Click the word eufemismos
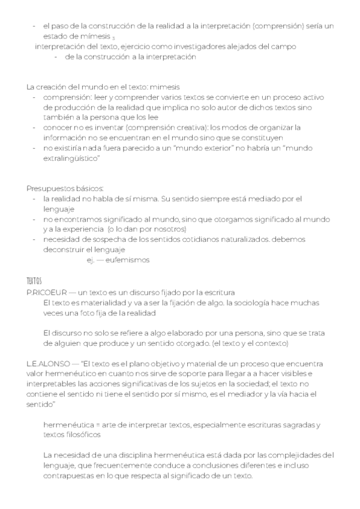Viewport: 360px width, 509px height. point(129,260)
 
